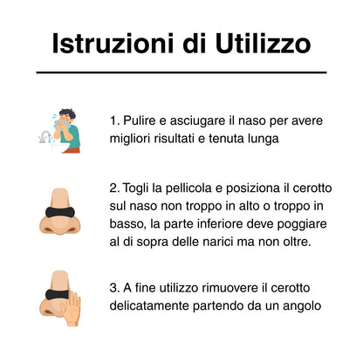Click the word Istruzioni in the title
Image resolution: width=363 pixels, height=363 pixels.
[x=113, y=43]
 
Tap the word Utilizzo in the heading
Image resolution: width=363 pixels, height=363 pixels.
[x=264, y=43]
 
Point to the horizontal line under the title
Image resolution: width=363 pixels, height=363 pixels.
[x=181, y=72]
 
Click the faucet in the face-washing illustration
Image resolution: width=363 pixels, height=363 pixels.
[x=45, y=137]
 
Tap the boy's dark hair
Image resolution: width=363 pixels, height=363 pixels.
[x=67, y=113]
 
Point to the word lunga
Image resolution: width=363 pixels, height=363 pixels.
[x=264, y=139]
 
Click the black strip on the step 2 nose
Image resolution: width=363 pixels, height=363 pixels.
[x=60, y=212]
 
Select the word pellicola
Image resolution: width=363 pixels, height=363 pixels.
[x=188, y=188]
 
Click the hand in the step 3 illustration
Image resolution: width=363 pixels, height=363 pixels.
[x=71, y=309]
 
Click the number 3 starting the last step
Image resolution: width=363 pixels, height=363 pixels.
[x=114, y=288]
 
